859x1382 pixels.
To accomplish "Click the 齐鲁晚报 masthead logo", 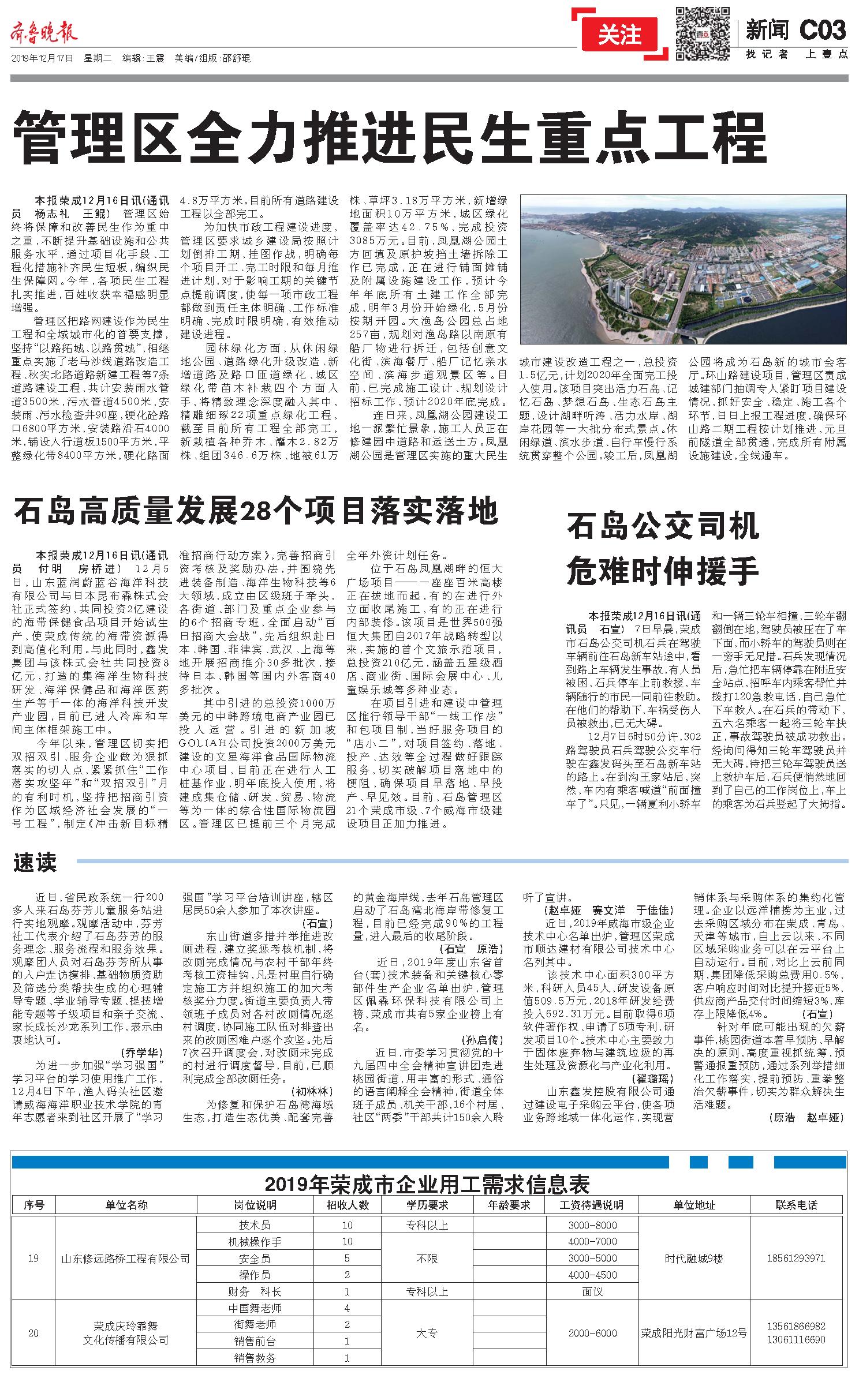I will pos(44,34).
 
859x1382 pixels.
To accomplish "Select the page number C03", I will pos(822,30).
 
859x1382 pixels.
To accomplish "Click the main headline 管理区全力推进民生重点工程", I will pos(391,138).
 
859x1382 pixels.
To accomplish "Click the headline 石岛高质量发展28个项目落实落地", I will pos(256,510).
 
